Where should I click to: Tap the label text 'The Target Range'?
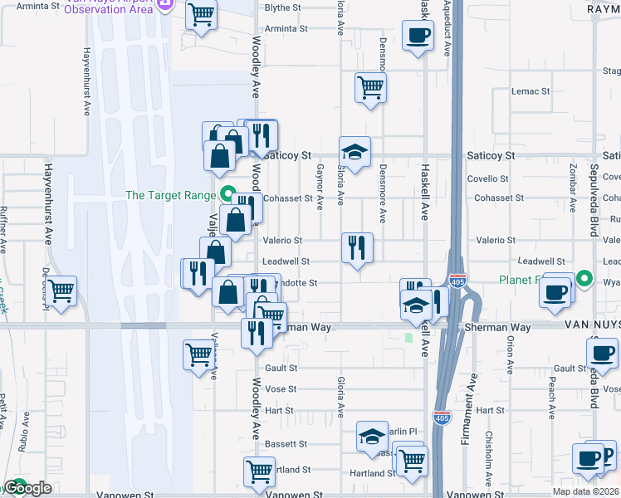(x=171, y=196)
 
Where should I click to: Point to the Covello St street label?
(x=487, y=178)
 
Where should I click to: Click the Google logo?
(x=27, y=488)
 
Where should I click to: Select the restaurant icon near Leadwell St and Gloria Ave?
(x=357, y=247)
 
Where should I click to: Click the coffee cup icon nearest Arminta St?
(x=418, y=35)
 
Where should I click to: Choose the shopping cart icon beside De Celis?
(x=61, y=291)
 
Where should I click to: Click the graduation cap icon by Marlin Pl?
(x=372, y=436)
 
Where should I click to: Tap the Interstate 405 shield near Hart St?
(x=442, y=418)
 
